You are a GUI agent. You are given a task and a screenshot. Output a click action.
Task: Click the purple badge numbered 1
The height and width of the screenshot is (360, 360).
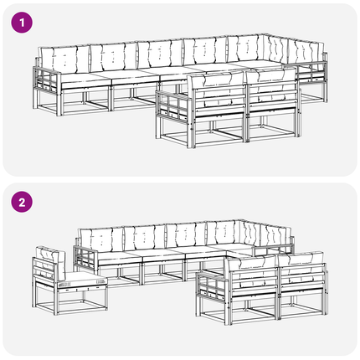22,23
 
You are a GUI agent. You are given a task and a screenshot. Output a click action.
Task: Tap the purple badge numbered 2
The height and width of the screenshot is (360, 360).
22,202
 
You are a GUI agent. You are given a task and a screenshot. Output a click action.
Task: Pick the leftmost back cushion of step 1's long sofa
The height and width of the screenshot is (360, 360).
65,59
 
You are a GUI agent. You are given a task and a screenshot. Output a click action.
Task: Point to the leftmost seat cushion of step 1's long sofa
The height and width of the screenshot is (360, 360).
84,79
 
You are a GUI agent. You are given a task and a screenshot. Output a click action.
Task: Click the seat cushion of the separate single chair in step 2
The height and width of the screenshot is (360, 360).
85,278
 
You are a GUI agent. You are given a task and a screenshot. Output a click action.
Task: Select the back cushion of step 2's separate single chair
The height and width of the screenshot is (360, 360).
50,261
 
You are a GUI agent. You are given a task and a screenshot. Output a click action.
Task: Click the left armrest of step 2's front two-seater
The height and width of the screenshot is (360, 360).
210,285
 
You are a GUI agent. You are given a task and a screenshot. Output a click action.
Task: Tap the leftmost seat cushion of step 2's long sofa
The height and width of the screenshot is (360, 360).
120,257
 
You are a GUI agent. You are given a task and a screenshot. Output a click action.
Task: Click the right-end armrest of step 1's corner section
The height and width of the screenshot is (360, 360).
312,73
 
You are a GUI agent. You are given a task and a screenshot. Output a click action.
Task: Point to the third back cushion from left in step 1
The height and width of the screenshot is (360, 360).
160,54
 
